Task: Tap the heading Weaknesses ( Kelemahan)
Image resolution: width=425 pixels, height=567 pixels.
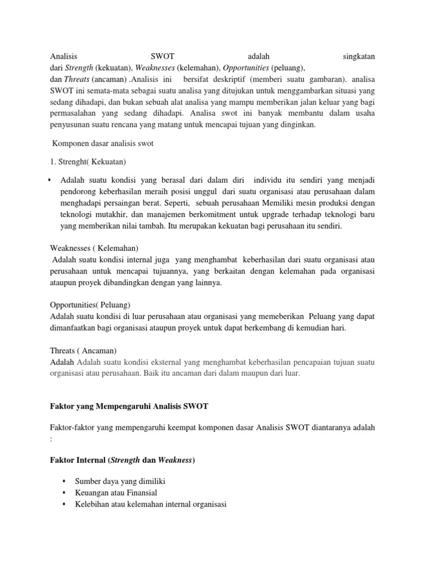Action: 94,248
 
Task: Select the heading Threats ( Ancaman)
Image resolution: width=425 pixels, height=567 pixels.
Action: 84,351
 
